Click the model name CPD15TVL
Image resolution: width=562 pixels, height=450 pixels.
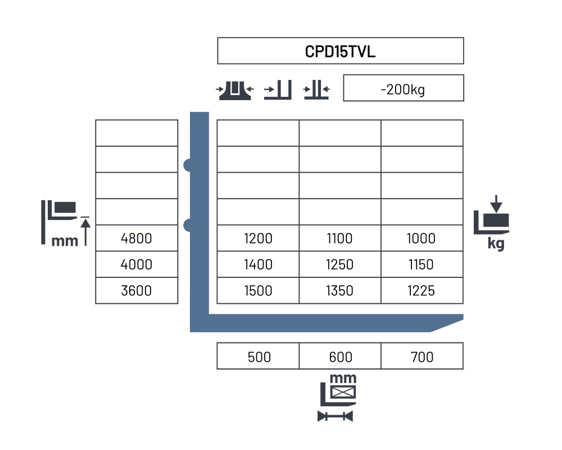[340, 51]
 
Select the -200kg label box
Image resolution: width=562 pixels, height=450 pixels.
[403, 88]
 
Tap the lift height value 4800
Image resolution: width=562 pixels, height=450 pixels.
[136, 238]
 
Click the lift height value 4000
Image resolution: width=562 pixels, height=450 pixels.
[136, 264]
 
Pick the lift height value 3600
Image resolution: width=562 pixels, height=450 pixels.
[136, 291]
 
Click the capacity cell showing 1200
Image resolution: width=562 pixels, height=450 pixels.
[258, 238]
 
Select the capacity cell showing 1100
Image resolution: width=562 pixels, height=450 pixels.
[339, 238]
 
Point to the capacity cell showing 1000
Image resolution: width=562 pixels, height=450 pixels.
[421, 238]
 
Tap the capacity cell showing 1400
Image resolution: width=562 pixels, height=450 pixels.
[258, 264]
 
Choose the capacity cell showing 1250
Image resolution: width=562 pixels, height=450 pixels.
[339, 264]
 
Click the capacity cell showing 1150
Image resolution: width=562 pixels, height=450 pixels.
[421, 264]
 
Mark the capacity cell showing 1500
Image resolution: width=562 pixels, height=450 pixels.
[258, 291]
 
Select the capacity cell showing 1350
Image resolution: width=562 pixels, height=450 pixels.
[339, 291]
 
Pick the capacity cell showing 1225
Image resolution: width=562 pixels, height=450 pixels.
[421, 291]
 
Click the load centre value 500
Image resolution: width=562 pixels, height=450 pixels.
[259, 357]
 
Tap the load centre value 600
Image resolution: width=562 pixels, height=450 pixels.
[341, 357]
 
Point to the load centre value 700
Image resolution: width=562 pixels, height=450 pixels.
[422, 357]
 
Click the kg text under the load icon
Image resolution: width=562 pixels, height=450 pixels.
[496, 244]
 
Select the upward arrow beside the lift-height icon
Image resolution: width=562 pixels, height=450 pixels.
[85, 232]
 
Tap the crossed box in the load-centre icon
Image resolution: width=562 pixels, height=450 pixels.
[343, 392]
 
